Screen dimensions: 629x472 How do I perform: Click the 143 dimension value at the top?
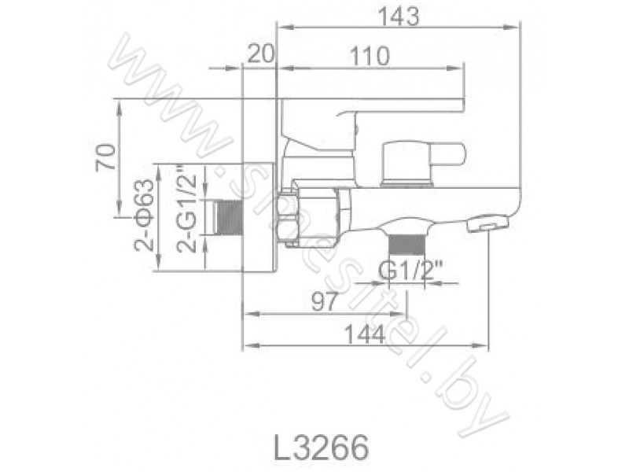coord(399,17)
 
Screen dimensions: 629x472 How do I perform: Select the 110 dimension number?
coord(370,56)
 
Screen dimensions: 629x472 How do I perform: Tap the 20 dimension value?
coord(260,53)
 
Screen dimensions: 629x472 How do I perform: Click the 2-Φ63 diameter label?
coord(144,215)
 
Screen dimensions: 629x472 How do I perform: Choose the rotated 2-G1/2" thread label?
coord(187,213)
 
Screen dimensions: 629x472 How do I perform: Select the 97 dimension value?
coord(324,301)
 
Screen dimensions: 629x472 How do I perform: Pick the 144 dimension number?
coord(365,334)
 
